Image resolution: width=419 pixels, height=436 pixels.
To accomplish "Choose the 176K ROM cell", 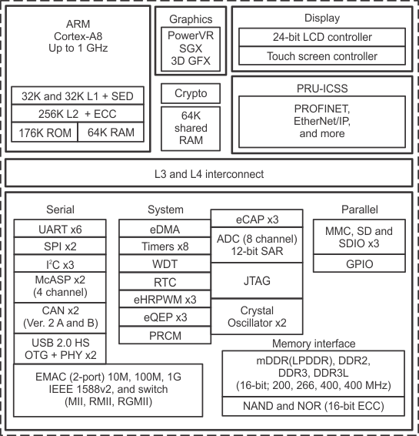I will click(x=45, y=132).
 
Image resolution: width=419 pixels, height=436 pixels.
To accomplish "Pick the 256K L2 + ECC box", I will click(x=78, y=114).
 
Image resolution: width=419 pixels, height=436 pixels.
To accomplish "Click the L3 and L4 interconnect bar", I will click(x=209, y=174).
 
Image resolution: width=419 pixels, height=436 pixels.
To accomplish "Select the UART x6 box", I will click(x=61, y=229).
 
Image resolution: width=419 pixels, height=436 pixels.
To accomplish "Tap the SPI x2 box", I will click(x=61, y=247).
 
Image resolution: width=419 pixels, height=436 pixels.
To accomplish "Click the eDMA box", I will click(x=165, y=229).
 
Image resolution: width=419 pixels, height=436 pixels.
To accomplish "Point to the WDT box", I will click(x=165, y=264).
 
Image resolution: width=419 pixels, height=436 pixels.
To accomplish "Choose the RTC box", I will click(x=165, y=282).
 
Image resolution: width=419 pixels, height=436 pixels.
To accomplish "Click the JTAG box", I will click(x=256, y=282).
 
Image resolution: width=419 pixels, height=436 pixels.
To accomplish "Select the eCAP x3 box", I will click(x=256, y=219).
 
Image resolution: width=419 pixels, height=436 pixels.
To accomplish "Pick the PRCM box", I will click(x=165, y=335).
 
